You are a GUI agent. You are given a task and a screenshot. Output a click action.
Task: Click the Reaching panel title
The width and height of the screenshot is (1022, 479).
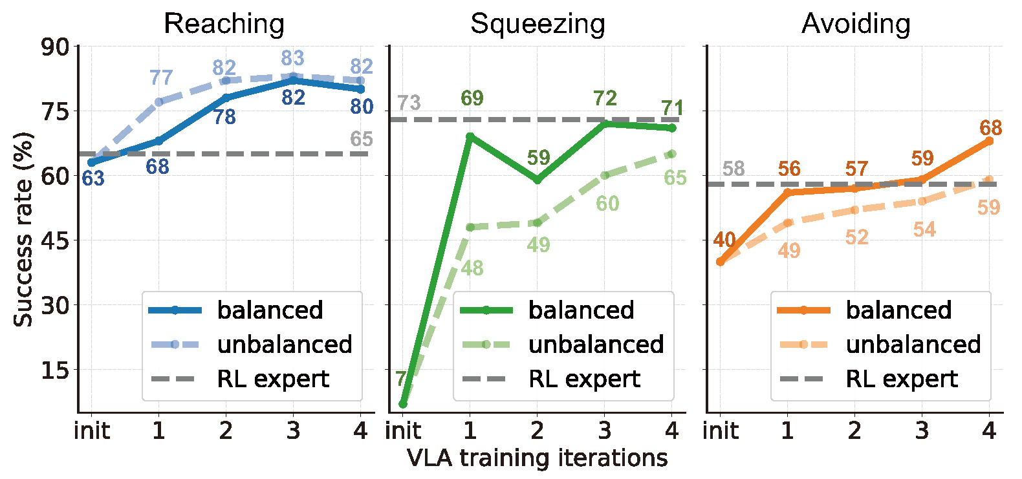[x=224, y=24]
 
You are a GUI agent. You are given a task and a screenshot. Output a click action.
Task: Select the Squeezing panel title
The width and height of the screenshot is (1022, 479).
[x=538, y=24]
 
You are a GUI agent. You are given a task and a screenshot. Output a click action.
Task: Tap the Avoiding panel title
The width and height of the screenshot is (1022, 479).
[x=856, y=24]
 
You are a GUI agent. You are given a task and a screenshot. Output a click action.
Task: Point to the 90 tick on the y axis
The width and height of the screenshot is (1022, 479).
[x=55, y=47]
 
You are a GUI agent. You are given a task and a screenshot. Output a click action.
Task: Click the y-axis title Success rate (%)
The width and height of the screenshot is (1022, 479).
[x=23, y=229]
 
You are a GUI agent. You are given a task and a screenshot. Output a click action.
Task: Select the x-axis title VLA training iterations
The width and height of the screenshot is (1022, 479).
[x=537, y=458]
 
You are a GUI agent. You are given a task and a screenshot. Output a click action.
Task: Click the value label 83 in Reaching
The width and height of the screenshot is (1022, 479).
[x=292, y=58]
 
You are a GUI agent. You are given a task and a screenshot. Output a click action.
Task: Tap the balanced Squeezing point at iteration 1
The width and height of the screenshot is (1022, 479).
[x=470, y=137]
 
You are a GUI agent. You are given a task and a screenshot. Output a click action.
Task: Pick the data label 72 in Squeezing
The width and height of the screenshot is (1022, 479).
[x=605, y=98]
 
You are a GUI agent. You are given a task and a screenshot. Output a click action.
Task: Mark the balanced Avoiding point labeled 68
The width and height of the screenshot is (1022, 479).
[x=989, y=141]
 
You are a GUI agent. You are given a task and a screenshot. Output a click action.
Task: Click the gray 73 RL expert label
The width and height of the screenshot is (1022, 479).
[x=409, y=102]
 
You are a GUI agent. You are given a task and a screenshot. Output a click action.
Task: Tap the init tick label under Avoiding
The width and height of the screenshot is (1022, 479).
[x=721, y=431]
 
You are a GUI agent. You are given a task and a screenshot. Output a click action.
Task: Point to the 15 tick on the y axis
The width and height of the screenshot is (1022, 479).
[x=55, y=370]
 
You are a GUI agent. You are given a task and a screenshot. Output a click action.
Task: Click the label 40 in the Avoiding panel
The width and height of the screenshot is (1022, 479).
[x=724, y=240]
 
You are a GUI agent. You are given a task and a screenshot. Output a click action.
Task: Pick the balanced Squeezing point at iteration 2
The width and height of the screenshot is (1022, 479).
[x=538, y=180]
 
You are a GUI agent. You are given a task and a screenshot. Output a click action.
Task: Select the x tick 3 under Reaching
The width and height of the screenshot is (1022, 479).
[x=293, y=431]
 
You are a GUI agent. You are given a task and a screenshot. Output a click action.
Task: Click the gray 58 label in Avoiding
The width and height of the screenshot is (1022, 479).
[x=734, y=169]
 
